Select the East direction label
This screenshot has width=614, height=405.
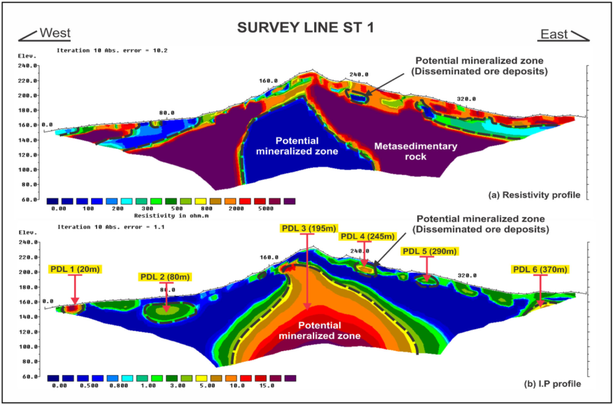coord(554,34)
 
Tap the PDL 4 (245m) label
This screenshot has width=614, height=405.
coord(367,236)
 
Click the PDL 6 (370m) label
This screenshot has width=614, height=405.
coord(539,269)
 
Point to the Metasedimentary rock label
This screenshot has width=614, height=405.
coord(416,151)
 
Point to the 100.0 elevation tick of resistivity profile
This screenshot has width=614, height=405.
coord(29,170)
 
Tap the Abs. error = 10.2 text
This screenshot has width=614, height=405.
coord(139,50)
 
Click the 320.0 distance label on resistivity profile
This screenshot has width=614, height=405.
coord(465,99)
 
